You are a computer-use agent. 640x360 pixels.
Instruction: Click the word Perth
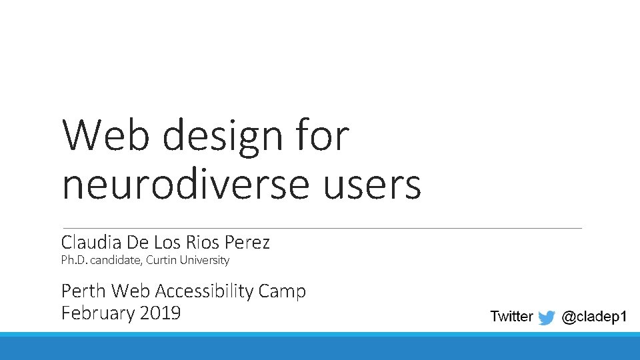click(84, 291)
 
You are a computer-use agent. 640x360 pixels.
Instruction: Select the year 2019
click(160, 313)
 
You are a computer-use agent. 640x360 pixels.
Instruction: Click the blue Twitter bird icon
click(547, 317)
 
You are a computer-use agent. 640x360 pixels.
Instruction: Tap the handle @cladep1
click(594, 317)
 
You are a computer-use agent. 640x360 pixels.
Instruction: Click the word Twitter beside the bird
click(511, 317)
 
